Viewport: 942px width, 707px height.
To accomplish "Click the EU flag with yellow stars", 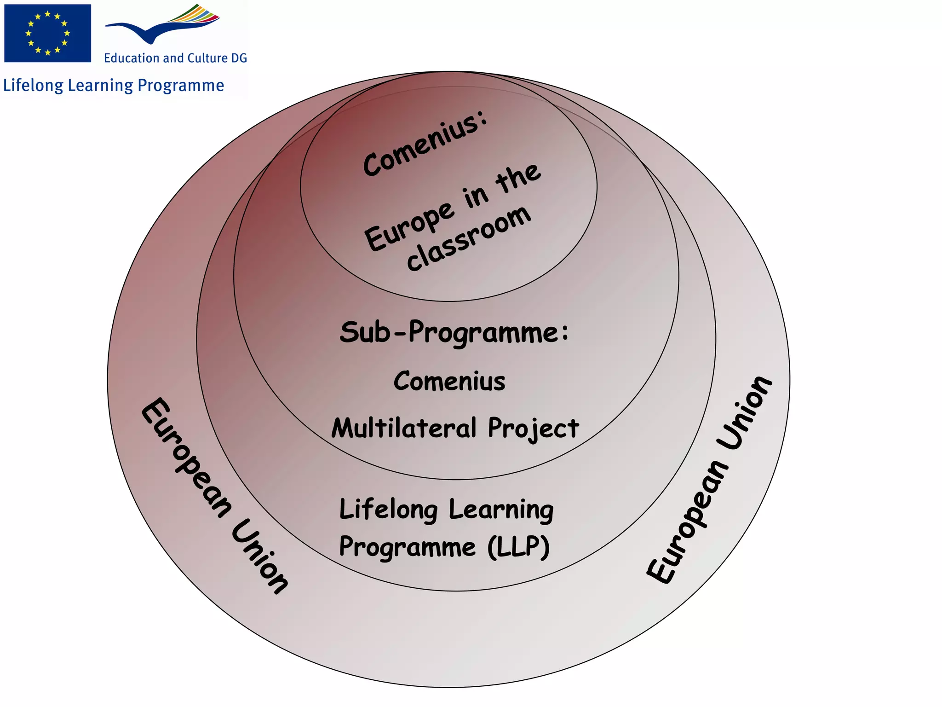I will tap(47, 33).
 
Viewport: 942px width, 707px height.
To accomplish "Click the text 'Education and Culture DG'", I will tap(175, 58).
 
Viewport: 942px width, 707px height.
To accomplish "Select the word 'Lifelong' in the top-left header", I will tap(33, 86).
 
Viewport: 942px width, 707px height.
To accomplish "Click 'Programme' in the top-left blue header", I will tap(181, 86).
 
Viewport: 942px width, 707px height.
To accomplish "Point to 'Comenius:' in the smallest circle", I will tap(425, 143).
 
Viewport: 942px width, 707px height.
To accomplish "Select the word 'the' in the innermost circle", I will tap(518, 177).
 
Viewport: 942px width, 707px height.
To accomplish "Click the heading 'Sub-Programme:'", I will tap(454, 332).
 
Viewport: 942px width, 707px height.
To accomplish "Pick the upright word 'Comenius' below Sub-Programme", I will tap(449, 382).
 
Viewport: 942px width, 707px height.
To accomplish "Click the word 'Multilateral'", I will tap(404, 428).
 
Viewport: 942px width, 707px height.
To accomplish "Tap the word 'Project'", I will tap(533, 429).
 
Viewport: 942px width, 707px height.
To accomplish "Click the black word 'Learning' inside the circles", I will tap(501, 510).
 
